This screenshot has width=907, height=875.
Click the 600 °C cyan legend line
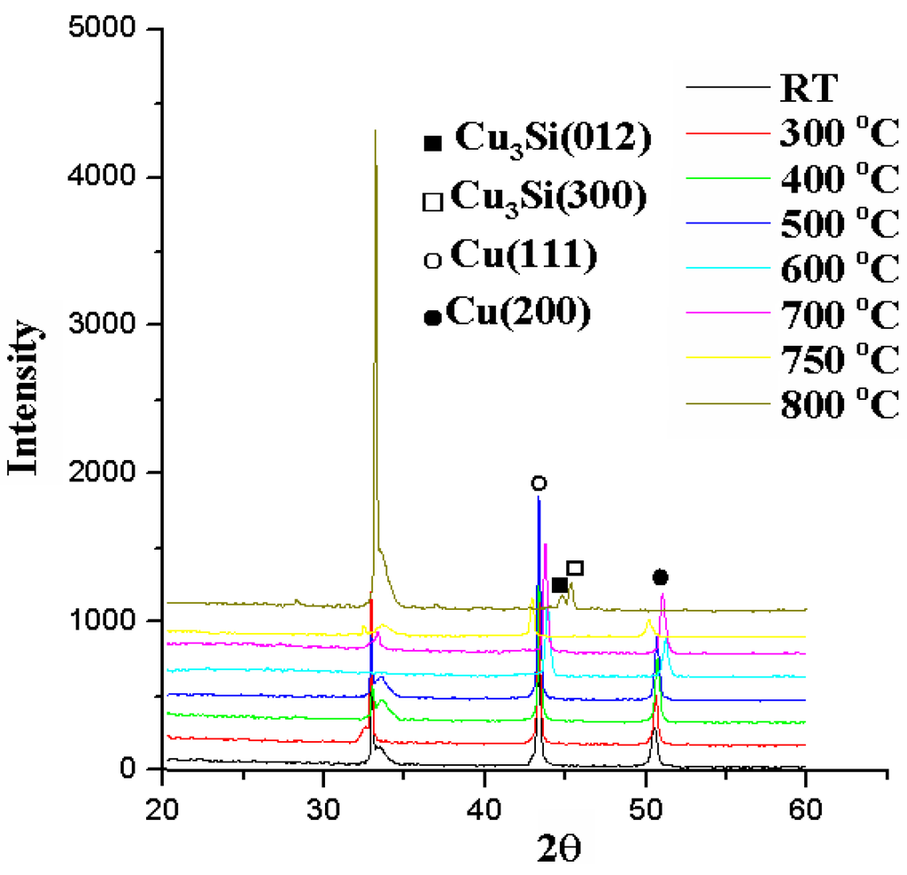pos(727,270)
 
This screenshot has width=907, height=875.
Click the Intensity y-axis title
pos(25,396)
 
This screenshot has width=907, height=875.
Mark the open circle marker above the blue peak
pos(539,483)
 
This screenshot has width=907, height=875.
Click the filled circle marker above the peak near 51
pos(660,578)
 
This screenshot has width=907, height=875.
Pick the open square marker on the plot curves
pos(575,567)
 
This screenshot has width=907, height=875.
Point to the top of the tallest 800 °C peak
pos(376,131)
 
